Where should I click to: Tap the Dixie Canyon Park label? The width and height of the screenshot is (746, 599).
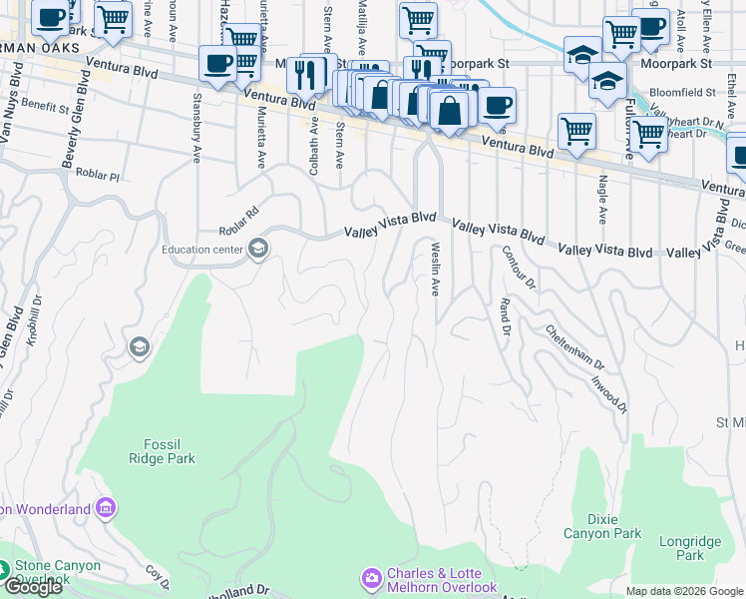click(602, 526)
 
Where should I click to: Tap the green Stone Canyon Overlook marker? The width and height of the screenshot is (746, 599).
click(7, 571)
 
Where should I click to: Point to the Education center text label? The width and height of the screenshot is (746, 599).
click(205, 250)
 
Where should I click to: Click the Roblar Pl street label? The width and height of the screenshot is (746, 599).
click(97, 175)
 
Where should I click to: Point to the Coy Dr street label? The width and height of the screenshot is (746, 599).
click(156, 576)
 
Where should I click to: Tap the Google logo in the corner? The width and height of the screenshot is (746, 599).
click(33, 587)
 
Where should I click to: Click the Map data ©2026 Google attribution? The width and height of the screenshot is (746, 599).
click(683, 591)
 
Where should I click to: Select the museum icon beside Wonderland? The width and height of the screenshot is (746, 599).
click(106, 509)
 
